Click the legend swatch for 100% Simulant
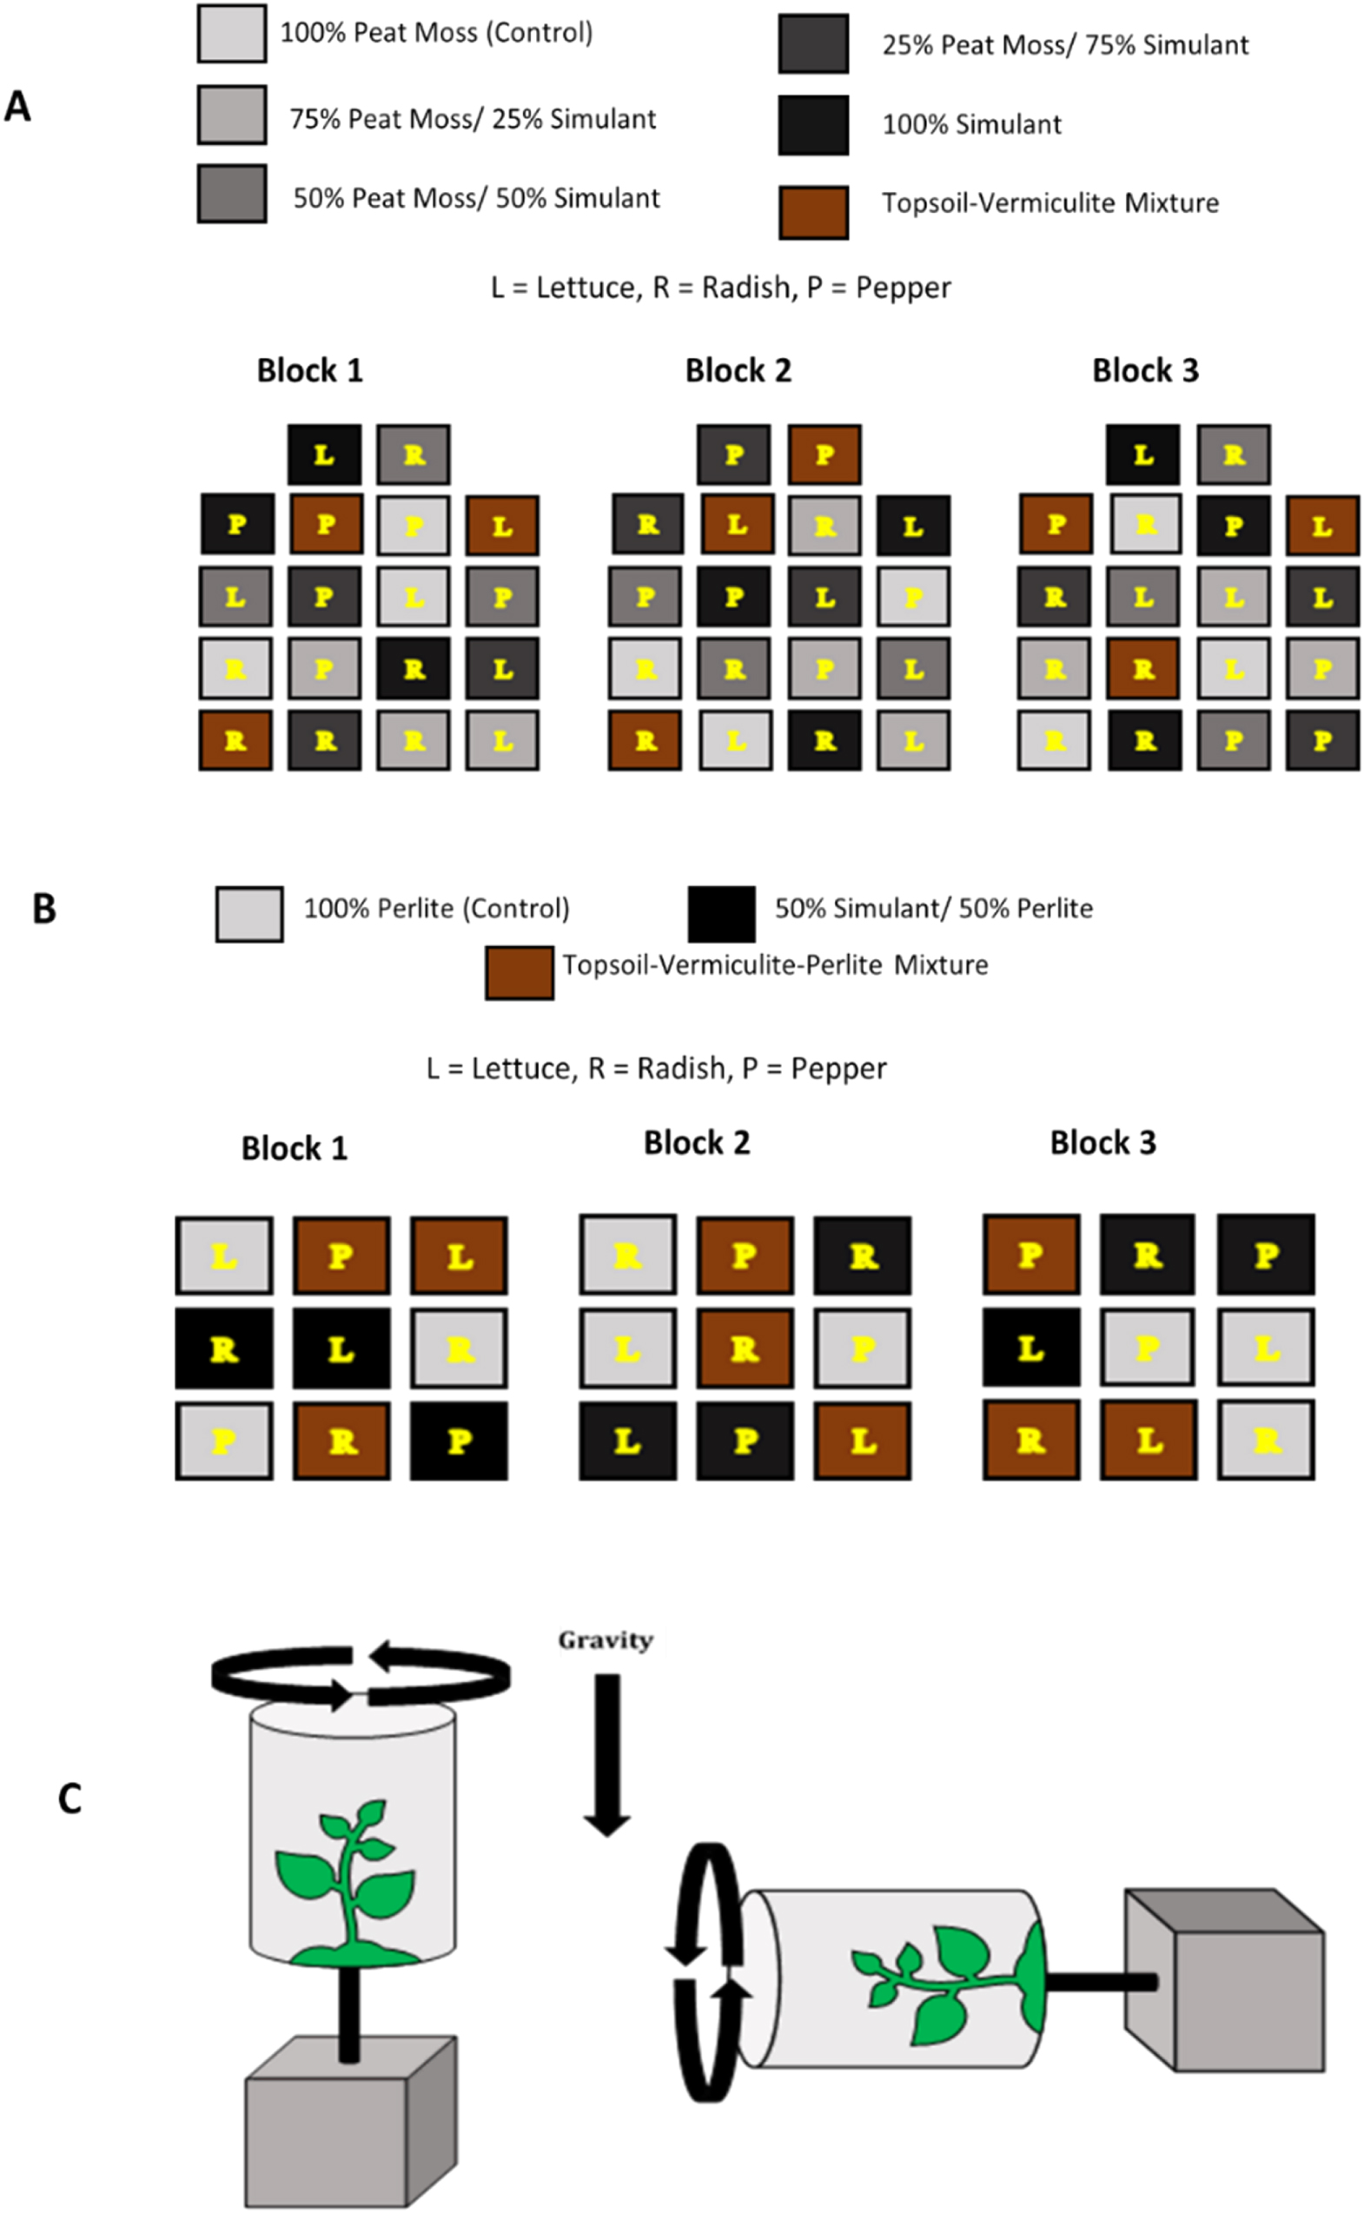(x=813, y=125)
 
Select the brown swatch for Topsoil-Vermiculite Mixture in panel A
(x=813, y=213)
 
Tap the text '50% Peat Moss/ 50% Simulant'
(x=476, y=198)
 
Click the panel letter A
(x=17, y=108)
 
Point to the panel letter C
(x=70, y=1799)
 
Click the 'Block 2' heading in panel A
(x=738, y=371)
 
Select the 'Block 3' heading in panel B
(x=1102, y=1143)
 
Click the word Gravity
(x=606, y=1640)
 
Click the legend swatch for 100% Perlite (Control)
(x=249, y=914)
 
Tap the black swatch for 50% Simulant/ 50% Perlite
(x=722, y=914)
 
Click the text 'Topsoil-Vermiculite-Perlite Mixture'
(x=775, y=965)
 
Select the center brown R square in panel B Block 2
(x=745, y=1348)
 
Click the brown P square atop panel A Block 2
(x=824, y=454)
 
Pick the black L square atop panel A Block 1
(x=324, y=454)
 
